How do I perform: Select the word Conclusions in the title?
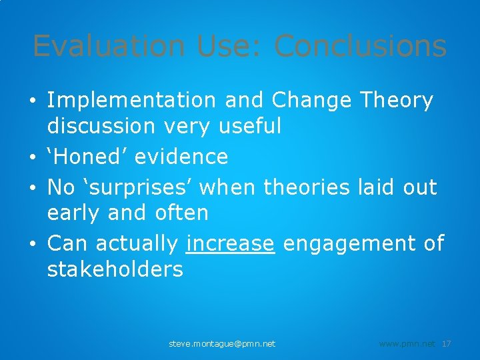(360, 47)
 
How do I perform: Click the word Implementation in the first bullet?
(131, 101)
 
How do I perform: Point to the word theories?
(306, 188)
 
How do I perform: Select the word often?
(181, 213)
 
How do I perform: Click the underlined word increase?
(231, 244)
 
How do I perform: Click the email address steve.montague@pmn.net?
(222, 344)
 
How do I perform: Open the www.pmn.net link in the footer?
(407, 344)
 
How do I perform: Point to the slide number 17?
(447, 344)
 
